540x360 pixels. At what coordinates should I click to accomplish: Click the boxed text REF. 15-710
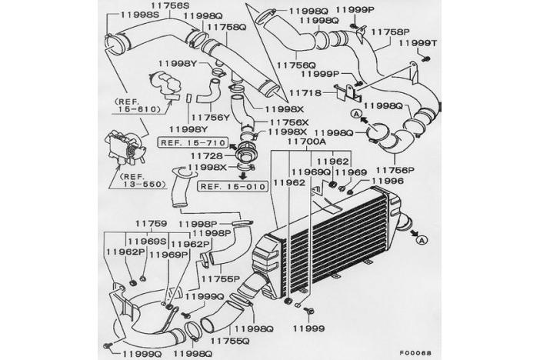192,143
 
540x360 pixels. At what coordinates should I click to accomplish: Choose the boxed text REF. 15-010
232,186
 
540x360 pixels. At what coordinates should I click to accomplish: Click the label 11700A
307,143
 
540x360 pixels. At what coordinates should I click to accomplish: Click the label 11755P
221,279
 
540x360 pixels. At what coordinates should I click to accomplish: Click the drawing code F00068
417,352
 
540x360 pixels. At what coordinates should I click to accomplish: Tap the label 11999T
417,45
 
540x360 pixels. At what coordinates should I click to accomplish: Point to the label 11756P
397,168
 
